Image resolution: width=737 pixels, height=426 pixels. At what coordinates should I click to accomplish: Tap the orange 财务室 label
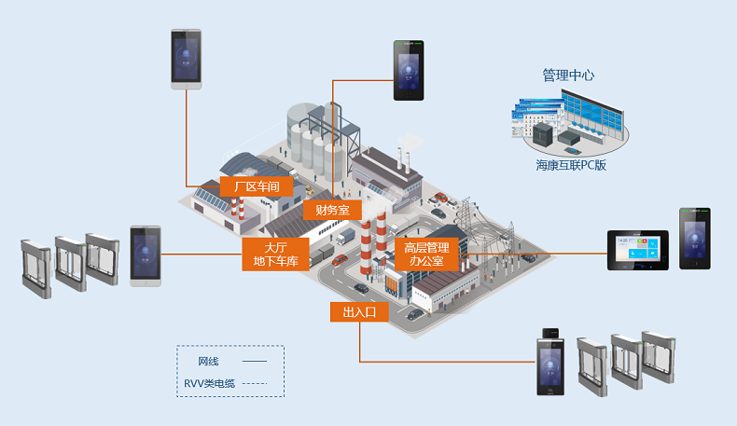click(332, 211)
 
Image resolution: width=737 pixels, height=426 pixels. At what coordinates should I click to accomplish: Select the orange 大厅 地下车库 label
click(275, 254)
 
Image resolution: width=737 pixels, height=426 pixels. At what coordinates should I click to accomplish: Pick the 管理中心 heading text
click(568, 75)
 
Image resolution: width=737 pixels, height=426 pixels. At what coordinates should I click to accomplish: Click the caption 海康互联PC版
click(571, 165)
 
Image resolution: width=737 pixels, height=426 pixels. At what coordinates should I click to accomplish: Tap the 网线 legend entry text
click(208, 361)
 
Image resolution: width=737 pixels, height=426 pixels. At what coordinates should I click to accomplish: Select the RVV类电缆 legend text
click(208, 382)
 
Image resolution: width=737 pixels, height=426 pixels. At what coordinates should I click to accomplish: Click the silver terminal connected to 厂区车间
click(186, 59)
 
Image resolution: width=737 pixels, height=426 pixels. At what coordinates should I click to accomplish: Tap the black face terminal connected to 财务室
click(408, 71)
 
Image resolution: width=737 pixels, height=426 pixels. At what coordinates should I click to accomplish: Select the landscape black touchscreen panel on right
click(639, 250)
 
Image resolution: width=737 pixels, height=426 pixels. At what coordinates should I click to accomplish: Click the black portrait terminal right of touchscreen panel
click(694, 239)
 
